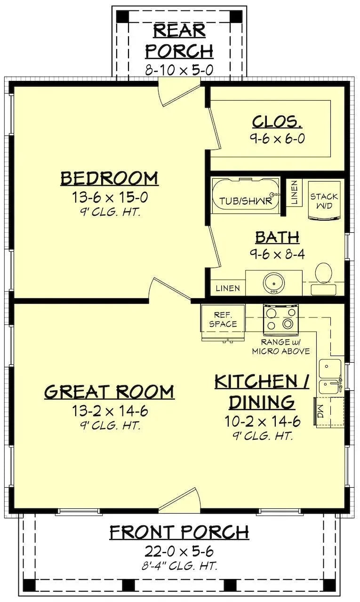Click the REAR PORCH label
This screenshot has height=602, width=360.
pyautogui.click(x=179, y=40)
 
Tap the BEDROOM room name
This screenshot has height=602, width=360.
pyautogui.click(x=109, y=179)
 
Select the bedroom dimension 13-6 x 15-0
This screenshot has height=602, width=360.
pyautogui.click(x=109, y=197)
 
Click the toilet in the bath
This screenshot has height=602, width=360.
pyautogui.click(x=323, y=274)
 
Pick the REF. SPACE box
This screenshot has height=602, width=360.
pyautogui.click(x=223, y=320)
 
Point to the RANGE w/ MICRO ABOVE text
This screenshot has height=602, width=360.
pyautogui.click(x=280, y=347)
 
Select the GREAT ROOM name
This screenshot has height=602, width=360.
pyautogui.click(x=109, y=392)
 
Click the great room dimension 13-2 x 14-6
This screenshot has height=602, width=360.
pyautogui.click(x=110, y=411)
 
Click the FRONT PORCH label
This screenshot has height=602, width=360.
pyautogui.click(x=179, y=532)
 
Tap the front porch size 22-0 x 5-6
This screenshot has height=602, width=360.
pyautogui.click(x=179, y=550)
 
